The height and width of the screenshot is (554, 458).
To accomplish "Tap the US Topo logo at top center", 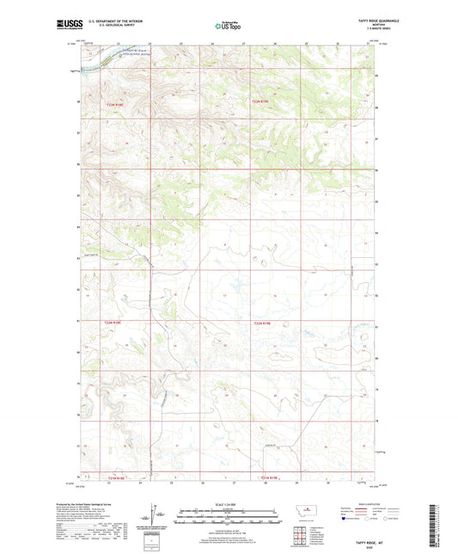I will click(x=227, y=26).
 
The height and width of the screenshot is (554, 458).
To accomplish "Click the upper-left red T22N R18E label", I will click(x=116, y=104).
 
